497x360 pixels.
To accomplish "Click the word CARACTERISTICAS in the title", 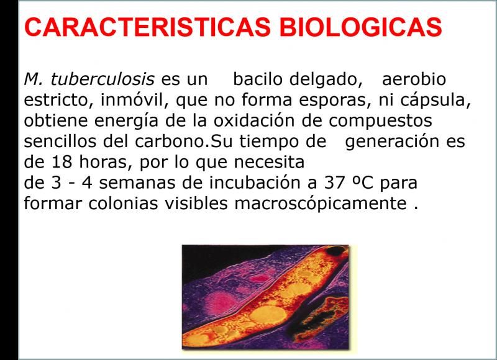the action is (x=147, y=27).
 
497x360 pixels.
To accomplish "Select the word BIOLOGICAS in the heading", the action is (x=360, y=27).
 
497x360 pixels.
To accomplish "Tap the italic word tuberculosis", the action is (x=103, y=79).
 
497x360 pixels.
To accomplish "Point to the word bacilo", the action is (x=258, y=79).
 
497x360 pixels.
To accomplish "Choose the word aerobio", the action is (x=414, y=79).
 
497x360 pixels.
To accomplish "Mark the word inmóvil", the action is (x=135, y=100).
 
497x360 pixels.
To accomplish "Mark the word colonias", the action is (x=123, y=204).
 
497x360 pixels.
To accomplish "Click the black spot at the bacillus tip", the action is (x=336, y=251).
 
